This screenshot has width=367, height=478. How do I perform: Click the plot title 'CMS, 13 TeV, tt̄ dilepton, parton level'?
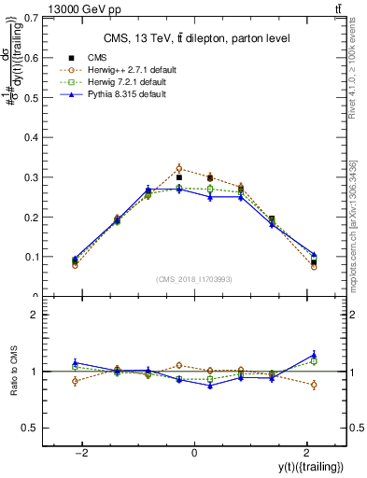[x=193, y=37]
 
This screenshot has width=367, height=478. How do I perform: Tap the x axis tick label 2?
[x=307, y=453]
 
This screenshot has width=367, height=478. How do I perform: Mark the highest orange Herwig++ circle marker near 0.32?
[x=179, y=169]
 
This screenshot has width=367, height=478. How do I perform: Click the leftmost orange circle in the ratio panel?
[x=75, y=381]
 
